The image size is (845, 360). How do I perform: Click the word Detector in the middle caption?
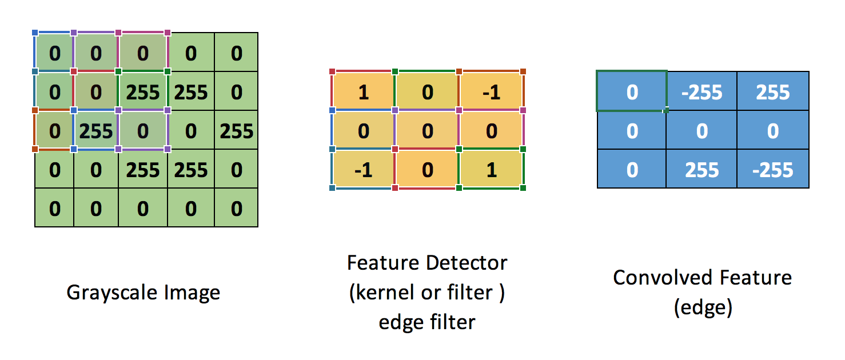pos(470,263)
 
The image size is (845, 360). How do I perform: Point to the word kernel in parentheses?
pos(389,293)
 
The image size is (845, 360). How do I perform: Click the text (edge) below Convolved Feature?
pos(703,307)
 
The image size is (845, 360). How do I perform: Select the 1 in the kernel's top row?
pos(364,92)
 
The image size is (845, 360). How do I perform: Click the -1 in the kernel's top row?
pos(491,92)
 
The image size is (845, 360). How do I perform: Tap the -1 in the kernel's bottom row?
pos(364,170)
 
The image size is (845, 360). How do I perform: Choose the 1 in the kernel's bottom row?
pos(491,170)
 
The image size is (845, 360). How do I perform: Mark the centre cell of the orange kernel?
pos(428,131)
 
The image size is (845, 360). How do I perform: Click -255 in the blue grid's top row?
pos(701,92)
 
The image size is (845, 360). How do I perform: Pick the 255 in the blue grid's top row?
pos(773,92)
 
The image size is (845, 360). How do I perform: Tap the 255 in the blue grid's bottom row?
pos(701,170)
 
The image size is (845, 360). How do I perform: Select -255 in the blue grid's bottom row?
pos(773,170)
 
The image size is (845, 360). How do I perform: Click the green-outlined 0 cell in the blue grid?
pos(632,92)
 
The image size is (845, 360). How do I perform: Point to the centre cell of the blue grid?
pos(701,131)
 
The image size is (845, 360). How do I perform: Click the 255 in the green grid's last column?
pos(236,131)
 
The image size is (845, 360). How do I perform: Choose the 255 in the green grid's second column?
pos(96,131)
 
